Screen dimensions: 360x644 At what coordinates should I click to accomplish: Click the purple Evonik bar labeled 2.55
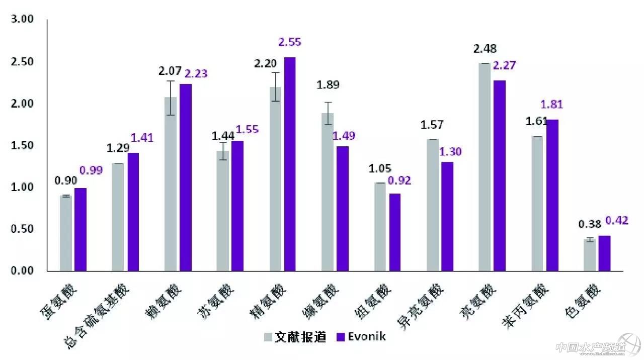290,164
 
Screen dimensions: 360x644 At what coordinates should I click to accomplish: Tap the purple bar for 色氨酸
604,253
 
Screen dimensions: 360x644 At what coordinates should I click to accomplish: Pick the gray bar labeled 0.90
66,233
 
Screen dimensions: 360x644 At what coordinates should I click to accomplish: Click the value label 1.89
328,84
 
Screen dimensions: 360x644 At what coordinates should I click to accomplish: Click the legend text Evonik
367,337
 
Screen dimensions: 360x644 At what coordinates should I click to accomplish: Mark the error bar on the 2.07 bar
171,98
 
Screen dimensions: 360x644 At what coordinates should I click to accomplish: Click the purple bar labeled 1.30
447,216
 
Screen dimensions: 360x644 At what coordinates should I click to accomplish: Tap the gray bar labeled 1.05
380,227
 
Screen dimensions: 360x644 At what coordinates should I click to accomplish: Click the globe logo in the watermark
630,345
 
